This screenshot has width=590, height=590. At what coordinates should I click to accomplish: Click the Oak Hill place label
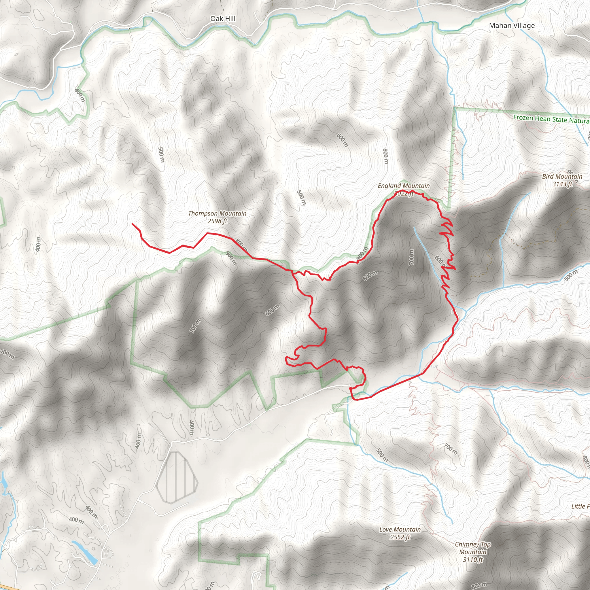tap(223, 19)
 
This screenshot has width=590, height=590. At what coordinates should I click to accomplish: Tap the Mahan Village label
tap(512, 26)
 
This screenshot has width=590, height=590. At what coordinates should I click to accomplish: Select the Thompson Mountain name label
tap(217, 213)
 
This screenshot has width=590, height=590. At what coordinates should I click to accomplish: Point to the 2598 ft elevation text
tap(217, 221)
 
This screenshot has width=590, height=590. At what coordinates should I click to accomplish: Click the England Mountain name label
tap(403, 186)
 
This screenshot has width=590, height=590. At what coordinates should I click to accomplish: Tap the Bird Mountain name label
tap(562, 177)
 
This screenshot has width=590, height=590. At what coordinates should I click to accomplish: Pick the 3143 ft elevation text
tap(562, 184)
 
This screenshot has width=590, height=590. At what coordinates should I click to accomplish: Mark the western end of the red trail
tap(133, 224)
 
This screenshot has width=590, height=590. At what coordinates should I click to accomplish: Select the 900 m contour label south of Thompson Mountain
tap(231, 258)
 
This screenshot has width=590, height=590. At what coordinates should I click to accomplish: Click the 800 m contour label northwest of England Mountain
tap(385, 156)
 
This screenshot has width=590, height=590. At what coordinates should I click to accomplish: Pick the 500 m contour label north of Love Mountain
tap(382, 455)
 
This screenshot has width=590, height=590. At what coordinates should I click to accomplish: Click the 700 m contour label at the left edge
tap(7, 354)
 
